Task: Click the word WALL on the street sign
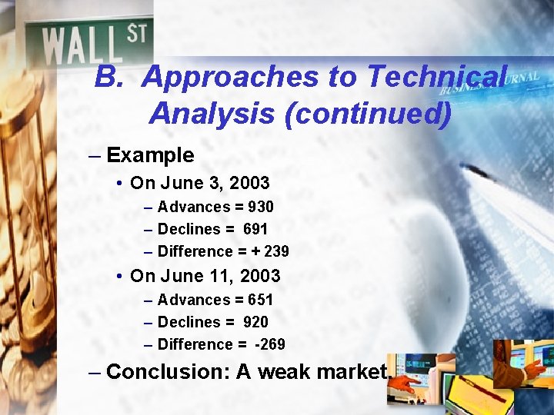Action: [83, 45]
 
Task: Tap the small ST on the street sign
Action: [136, 34]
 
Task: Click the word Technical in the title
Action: [437, 77]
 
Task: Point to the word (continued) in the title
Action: [367, 114]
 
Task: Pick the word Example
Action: [150, 155]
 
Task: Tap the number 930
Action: [260, 207]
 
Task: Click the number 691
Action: [255, 229]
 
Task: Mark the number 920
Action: [255, 322]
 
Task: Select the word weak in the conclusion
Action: [292, 372]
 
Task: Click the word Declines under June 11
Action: [189, 322]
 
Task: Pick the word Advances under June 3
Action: [194, 207]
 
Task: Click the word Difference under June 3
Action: [195, 251]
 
